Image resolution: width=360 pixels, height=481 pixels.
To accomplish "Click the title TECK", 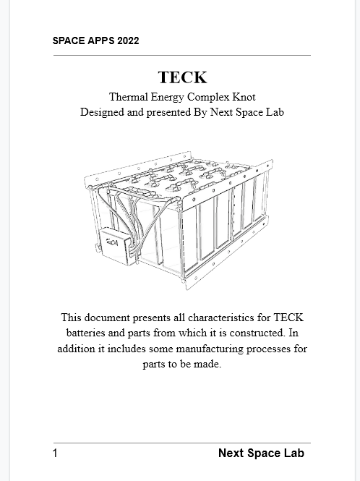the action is coord(182,77).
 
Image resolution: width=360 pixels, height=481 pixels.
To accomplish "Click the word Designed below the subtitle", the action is coord(102,112).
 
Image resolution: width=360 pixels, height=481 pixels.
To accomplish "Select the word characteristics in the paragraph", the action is coord(216,318).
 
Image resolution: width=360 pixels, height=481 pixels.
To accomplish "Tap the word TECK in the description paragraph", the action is coord(288,318).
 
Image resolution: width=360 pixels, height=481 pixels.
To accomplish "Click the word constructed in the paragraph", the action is coord(250,333).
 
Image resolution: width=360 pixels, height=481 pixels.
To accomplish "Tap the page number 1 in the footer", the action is coord(55,454).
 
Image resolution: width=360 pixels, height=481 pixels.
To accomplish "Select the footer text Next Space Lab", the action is coord(261,454).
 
